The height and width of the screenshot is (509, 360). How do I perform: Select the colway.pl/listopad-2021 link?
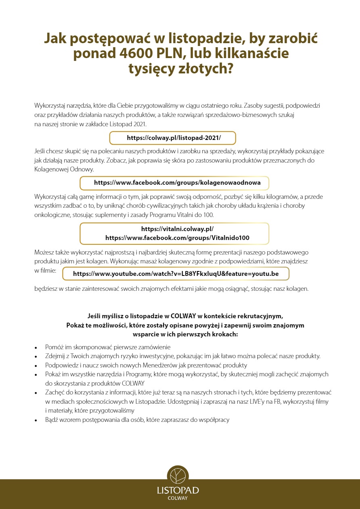point(174,138)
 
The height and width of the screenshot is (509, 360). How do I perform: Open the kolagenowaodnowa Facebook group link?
point(177,183)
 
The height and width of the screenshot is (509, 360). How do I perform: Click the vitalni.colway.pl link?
point(177,229)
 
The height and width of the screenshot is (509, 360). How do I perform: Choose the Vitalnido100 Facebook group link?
point(177,238)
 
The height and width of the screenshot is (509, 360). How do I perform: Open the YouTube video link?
point(176,273)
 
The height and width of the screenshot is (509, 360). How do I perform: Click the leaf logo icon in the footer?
point(178,476)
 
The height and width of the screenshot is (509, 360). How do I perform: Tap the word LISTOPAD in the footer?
point(178,490)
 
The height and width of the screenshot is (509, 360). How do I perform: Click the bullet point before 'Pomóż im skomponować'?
point(36,347)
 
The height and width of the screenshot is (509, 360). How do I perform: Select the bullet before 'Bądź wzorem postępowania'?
point(36,420)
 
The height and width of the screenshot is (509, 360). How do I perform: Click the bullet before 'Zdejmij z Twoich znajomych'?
point(36,357)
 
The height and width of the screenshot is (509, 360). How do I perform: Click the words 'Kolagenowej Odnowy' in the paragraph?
point(64,170)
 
